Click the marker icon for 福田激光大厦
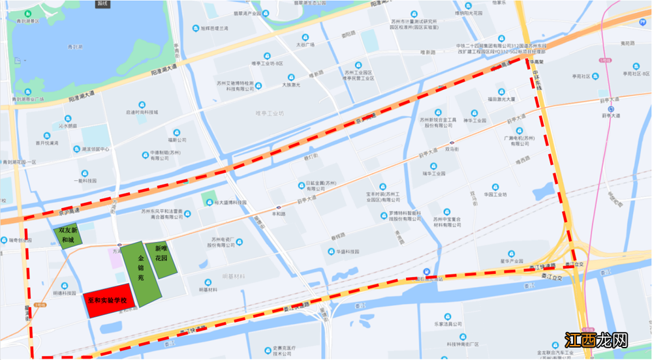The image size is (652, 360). [501, 91]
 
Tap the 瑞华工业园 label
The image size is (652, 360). [434, 173]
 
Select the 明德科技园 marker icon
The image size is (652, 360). [64, 284]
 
